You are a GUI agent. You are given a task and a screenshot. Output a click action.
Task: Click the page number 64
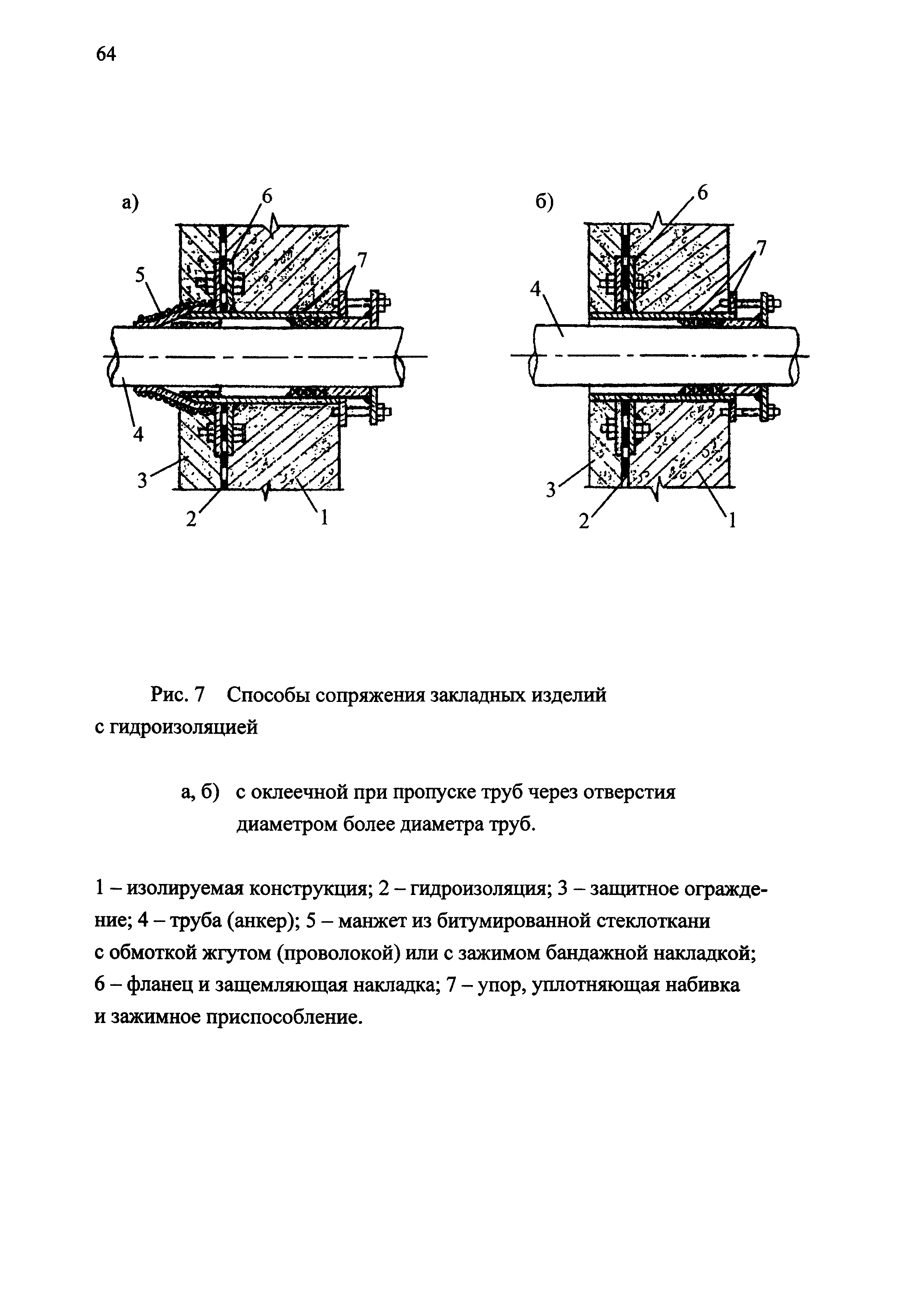[106, 54]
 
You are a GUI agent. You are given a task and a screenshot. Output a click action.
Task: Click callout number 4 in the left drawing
[138, 434]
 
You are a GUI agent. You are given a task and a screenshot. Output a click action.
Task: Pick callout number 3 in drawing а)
[143, 480]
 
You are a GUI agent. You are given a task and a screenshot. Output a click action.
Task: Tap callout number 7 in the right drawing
[761, 247]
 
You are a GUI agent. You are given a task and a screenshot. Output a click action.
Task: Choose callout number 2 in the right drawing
[584, 522]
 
